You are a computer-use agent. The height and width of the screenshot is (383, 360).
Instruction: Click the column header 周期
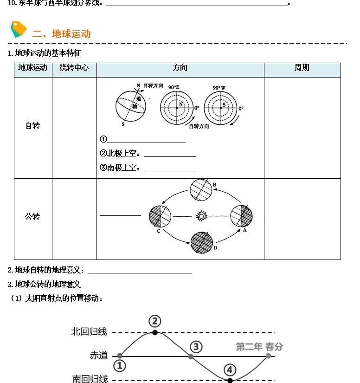(x=302, y=68)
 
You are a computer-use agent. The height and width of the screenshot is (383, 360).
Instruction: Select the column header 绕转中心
(x=74, y=68)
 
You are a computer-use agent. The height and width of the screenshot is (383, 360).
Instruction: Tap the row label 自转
(x=32, y=125)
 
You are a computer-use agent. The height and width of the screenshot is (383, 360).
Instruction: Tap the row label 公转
(x=32, y=216)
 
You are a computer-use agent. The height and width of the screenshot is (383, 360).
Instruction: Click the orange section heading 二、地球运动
(x=61, y=34)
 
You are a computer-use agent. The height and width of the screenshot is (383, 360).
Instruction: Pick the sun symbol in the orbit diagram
(x=201, y=216)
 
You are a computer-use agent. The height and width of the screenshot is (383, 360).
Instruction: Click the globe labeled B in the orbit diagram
(x=201, y=190)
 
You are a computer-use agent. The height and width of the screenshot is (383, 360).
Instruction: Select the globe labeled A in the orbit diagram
(x=242, y=216)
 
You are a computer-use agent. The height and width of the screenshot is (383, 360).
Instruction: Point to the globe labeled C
(x=160, y=216)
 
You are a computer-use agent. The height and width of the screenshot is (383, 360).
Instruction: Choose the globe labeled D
(x=202, y=243)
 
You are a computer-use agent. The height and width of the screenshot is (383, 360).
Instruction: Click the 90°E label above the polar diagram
(x=174, y=87)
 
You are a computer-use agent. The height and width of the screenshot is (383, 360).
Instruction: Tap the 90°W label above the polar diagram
(x=219, y=87)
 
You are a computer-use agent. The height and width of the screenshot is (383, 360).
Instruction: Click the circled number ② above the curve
(x=155, y=321)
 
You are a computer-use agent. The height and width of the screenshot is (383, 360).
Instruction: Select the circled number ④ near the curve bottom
(x=230, y=370)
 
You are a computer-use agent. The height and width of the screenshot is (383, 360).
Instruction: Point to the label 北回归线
(x=89, y=332)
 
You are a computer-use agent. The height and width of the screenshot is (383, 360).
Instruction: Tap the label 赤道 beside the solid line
(x=98, y=356)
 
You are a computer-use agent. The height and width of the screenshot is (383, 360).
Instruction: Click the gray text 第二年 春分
(x=259, y=347)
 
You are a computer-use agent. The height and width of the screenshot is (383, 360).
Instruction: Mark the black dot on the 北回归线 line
(x=155, y=332)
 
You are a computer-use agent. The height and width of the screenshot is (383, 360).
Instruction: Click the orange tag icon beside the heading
(x=19, y=29)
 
